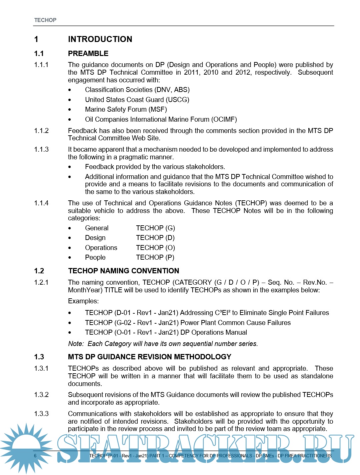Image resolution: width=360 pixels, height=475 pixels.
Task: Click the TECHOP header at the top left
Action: (45, 20)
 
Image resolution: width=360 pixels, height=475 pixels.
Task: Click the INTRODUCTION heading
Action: (100, 39)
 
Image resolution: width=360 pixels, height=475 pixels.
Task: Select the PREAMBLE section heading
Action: (88, 54)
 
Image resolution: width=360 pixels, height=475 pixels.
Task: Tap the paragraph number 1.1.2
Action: (41, 131)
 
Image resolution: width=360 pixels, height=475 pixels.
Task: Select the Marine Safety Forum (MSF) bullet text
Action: (126, 109)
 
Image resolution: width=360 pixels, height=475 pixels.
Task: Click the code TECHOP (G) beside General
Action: (155, 228)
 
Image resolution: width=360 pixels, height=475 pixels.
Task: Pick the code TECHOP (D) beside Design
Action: (155, 238)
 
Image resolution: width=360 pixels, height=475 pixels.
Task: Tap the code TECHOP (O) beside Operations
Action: (155, 248)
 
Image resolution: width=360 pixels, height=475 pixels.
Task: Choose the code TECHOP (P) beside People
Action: (155, 257)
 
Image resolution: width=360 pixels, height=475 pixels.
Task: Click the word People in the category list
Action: (95, 257)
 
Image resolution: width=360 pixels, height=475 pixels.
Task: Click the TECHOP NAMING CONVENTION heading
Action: (123, 271)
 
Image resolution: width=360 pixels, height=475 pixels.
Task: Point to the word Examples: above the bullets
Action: (83, 301)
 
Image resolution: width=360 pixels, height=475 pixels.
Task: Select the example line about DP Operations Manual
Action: (166, 332)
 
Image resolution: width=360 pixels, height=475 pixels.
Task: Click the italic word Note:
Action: (76, 344)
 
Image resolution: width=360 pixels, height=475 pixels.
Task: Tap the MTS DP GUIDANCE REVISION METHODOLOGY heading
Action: (149, 357)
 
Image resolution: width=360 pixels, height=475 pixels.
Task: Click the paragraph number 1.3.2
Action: (41, 395)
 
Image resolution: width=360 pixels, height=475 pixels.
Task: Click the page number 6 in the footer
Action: (35, 456)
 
